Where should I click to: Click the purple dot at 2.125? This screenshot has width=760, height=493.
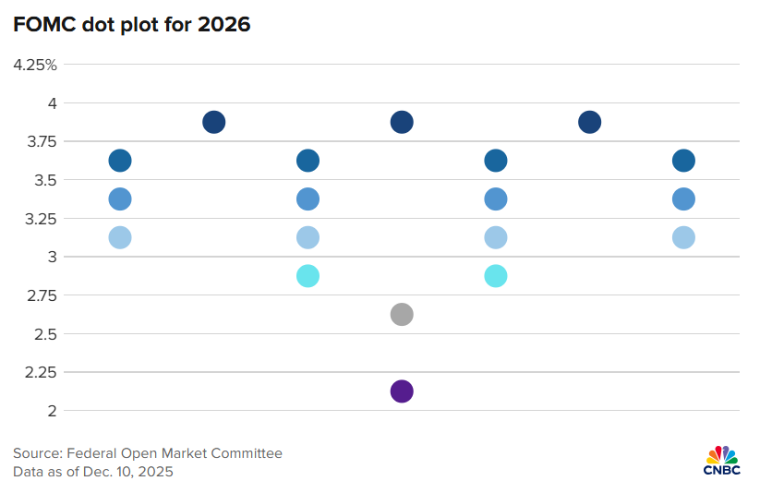401,391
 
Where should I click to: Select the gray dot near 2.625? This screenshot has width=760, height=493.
401,315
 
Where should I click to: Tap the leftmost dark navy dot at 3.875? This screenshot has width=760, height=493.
213,122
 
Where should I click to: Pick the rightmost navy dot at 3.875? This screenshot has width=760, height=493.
589,122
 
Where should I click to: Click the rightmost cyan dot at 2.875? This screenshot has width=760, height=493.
495,276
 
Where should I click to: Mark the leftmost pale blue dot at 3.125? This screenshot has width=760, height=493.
120,237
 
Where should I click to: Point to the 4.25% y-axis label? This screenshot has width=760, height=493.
35,65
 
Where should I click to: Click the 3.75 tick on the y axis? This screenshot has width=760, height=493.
40,141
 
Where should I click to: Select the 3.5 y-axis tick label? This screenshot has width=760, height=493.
44,180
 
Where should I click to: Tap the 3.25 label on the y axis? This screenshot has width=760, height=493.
40,219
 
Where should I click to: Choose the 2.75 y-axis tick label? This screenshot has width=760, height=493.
40,295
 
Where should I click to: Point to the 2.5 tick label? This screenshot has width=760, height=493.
44,334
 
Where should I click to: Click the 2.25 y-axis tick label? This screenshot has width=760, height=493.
40,372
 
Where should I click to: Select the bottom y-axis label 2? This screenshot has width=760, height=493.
52,411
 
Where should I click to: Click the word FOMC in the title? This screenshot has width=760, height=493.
42,25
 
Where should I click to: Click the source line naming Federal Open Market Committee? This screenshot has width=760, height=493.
148,453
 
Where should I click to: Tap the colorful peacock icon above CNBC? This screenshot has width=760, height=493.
722,454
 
